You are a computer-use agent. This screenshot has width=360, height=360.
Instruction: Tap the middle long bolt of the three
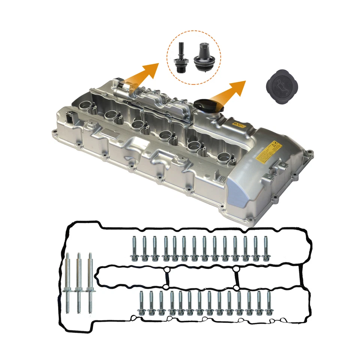pos(79,283)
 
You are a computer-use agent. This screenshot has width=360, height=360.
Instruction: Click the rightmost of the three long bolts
pos(90,283)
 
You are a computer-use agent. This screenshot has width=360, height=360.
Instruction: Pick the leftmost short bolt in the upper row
pos(134,248)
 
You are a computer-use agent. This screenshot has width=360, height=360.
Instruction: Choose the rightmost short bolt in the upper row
pos(265,248)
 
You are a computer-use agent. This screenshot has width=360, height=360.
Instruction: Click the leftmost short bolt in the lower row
pos(142,303)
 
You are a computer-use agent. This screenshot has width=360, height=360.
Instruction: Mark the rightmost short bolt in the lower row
pos(268,303)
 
